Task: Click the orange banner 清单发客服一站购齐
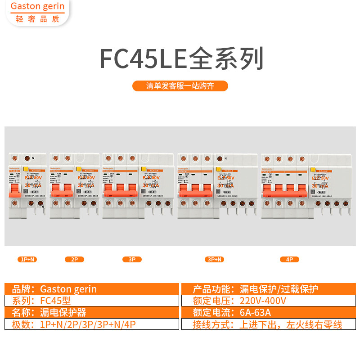point(180,86)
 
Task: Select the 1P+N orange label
point(27,259)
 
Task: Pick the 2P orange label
point(74,259)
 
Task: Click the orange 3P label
point(132,259)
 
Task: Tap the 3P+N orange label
point(214,259)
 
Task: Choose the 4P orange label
point(289,259)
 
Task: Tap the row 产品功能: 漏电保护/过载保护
point(268,289)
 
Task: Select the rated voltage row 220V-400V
point(268,301)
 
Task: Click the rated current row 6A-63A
point(268,313)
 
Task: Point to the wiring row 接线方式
point(268,324)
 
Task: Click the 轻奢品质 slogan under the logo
point(37,19)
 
